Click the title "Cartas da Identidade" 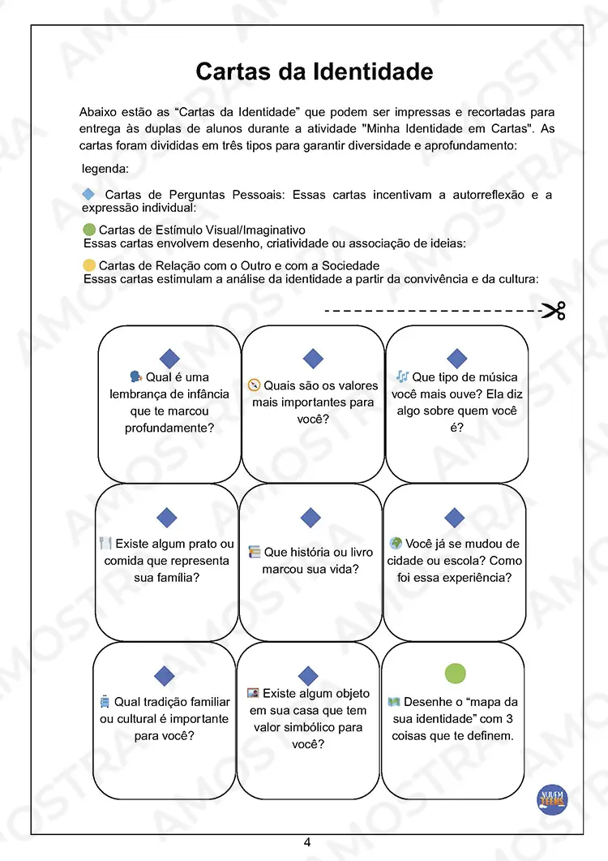click(314, 71)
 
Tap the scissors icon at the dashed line click(554, 310)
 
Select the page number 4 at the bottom click(307, 842)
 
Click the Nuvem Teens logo click(554, 798)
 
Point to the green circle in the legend click(89, 230)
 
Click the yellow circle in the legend click(89, 265)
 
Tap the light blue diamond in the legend click(89, 195)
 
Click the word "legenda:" click(105, 169)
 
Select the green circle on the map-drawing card click(456, 673)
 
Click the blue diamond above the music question click(457, 359)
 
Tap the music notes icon click(402, 377)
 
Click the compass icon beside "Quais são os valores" click(255, 385)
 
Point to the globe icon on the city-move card click(396, 543)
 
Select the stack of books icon click(255, 552)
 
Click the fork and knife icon click(105, 543)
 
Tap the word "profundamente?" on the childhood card click(169, 428)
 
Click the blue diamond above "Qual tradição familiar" click(165, 675)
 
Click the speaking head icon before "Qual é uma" click(136, 377)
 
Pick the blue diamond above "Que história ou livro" click(310, 518)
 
